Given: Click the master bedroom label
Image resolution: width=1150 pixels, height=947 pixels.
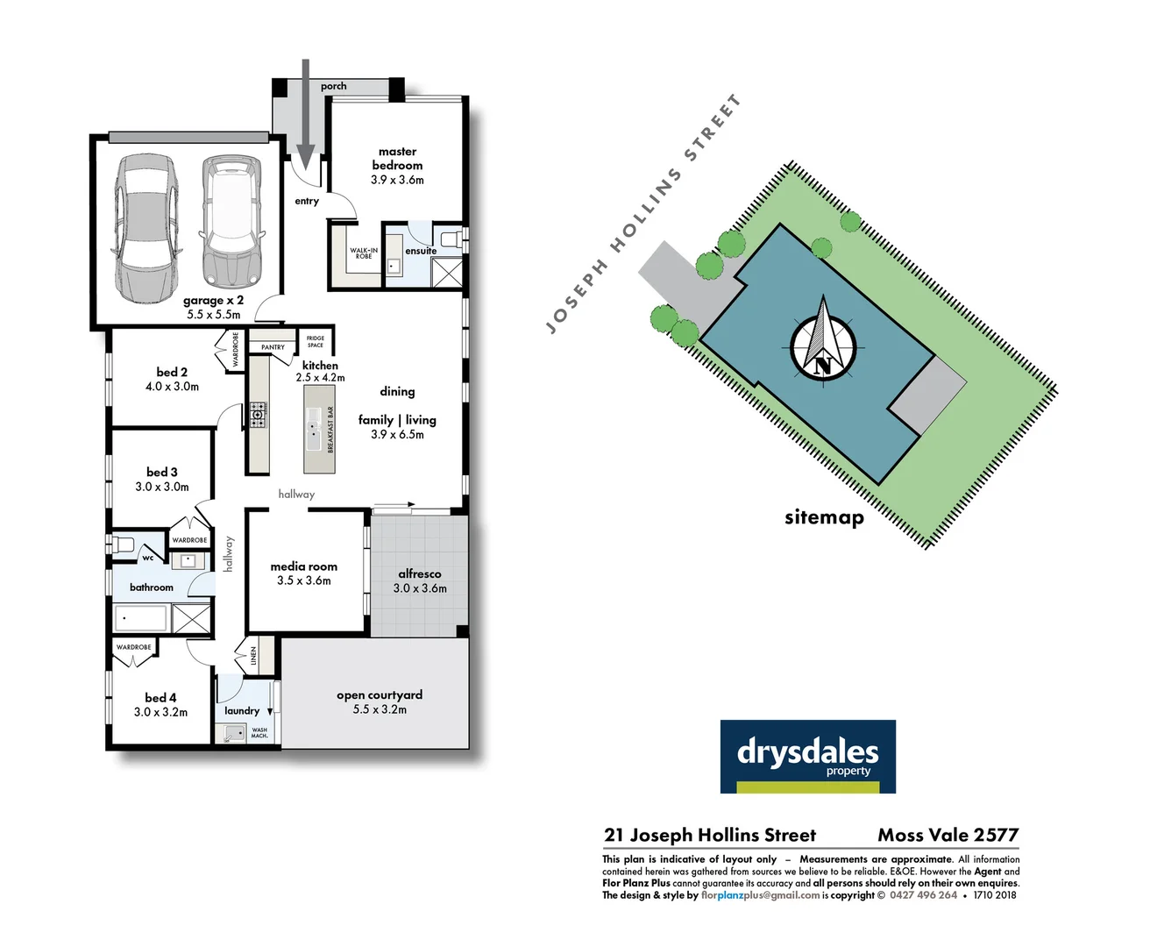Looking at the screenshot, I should pyautogui.click(x=397, y=158).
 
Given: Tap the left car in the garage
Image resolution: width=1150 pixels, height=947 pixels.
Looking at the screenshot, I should pyautogui.click(x=146, y=228).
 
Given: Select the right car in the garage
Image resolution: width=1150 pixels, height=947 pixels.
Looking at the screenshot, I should pyautogui.click(x=231, y=222).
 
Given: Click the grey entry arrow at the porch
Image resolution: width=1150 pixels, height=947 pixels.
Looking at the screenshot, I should pyautogui.click(x=305, y=114).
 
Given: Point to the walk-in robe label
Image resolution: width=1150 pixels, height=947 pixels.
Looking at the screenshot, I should pyautogui.click(x=364, y=253).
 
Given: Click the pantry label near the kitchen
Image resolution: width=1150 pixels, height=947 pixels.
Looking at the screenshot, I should pyautogui.click(x=273, y=347).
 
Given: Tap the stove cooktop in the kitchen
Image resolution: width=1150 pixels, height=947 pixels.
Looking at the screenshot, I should pyautogui.click(x=257, y=414).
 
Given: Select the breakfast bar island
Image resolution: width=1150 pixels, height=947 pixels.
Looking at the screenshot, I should pyautogui.click(x=320, y=429).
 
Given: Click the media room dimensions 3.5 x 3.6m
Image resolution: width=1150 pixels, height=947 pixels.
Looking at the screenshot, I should pyautogui.click(x=304, y=580).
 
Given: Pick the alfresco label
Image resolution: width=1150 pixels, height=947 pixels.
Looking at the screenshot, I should pyautogui.click(x=420, y=573).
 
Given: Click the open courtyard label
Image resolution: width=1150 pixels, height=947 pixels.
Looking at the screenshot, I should pyautogui.click(x=380, y=694).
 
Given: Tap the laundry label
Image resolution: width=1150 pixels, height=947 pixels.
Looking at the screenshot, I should pyautogui.click(x=242, y=710).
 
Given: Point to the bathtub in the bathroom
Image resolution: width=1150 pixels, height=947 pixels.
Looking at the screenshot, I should pyautogui.click(x=140, y=619).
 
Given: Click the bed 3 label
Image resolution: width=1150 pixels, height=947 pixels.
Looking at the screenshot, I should pyautogui.click(x=162, y=472).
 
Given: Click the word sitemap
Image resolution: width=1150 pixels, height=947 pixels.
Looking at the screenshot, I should pyautogui.click(x=824, y=517).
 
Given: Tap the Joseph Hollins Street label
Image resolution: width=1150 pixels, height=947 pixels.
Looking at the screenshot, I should pyautogui.click(x=643, y=215).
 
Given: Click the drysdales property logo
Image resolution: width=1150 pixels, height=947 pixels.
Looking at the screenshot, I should pyautogui.click(x=807, y=756).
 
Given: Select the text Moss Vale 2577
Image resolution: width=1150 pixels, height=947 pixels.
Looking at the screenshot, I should pyautogui.click(x=948, y=835).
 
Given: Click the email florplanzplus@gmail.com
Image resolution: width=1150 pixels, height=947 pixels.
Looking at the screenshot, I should pyautogui.click(x=760, y=895).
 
